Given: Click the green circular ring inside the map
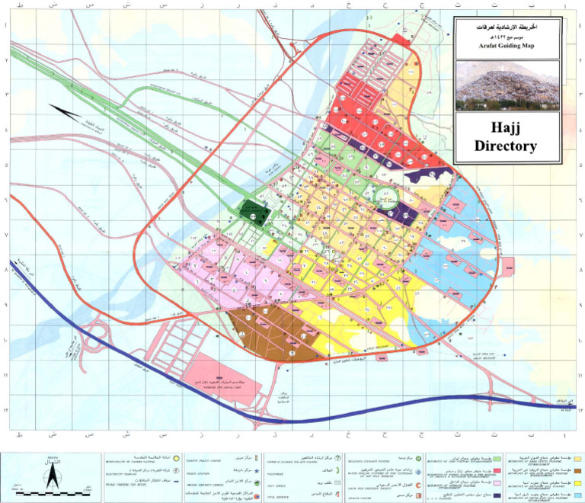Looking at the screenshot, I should (x=387, y=200).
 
